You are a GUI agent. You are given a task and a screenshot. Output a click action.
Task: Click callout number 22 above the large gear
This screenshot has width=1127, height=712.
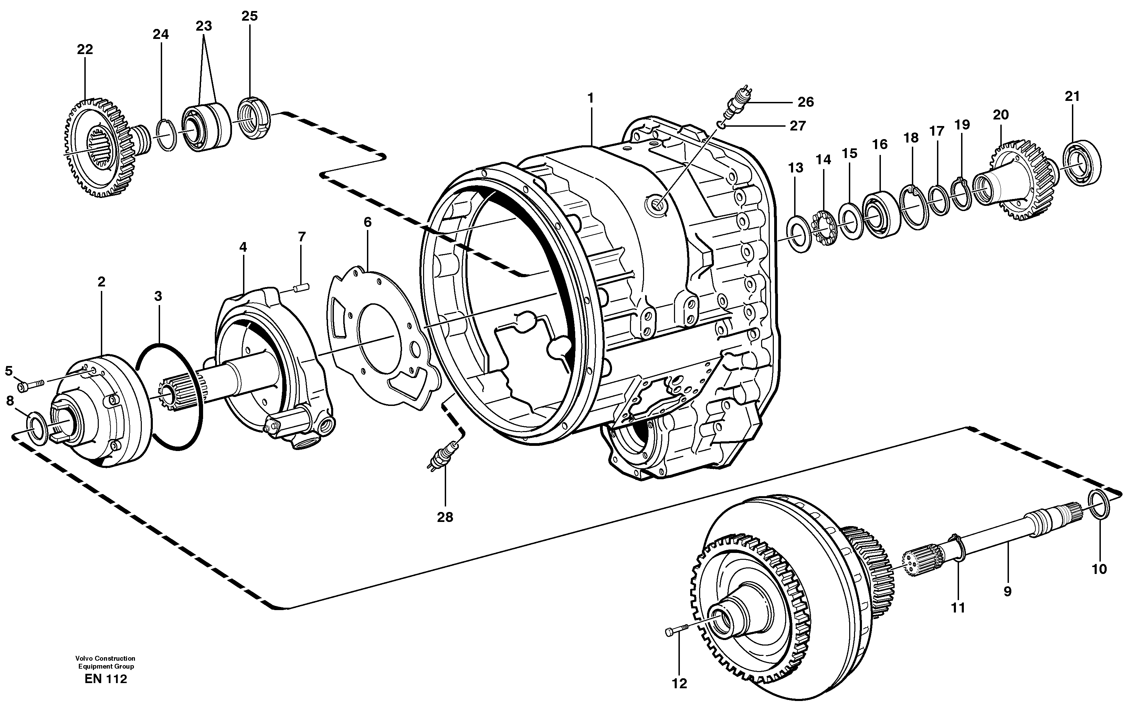[85, 50]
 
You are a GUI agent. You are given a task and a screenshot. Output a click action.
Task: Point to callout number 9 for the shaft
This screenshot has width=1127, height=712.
[1007, 591]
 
